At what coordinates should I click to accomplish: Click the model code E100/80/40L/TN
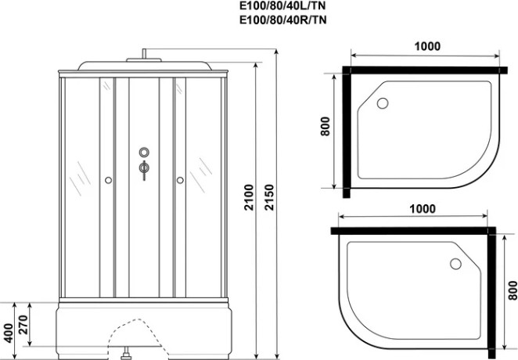point(283,6)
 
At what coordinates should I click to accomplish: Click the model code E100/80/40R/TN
point(283,20)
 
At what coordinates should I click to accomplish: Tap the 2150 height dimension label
point(270,197)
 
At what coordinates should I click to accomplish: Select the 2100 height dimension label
point(249,197)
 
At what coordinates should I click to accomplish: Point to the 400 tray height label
point(9,333)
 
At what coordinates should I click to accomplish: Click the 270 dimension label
point(23,325)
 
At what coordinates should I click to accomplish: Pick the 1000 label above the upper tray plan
point(427,47)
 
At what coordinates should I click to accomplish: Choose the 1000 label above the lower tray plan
point(423,209)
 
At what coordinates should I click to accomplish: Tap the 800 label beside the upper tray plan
point(325,126)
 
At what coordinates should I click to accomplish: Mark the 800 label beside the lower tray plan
point(513,290)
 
